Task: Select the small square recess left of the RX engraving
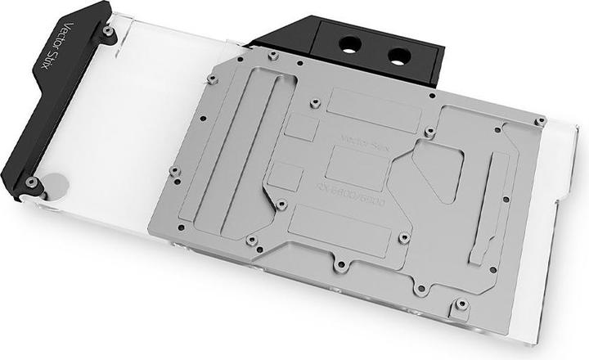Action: click(x=286, y=177)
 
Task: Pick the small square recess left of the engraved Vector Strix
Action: click(x=303, y=128)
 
